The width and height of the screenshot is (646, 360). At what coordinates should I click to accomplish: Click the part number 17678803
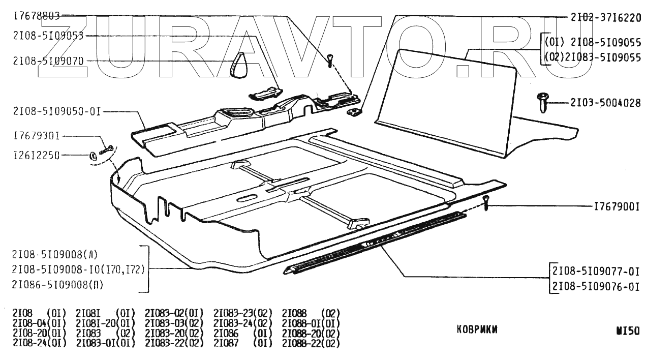(37, 16)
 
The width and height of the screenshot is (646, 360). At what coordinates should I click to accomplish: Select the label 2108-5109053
(49, 36)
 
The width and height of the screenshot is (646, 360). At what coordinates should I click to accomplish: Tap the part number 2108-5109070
(49, 61)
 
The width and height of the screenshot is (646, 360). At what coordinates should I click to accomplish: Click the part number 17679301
(37, 136)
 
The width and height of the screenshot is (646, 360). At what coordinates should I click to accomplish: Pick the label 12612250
(37, 156)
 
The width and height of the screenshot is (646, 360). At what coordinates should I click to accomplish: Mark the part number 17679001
(616, 207)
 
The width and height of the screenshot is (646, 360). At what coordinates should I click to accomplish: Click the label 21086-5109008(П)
(58, 285)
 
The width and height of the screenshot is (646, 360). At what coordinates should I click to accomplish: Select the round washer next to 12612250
(94, 155)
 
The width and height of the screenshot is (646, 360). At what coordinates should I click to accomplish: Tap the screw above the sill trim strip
(486, 203)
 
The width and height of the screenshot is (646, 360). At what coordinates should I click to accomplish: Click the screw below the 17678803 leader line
(330, 61)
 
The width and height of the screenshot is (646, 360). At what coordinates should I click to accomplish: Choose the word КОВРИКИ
(477, 329)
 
